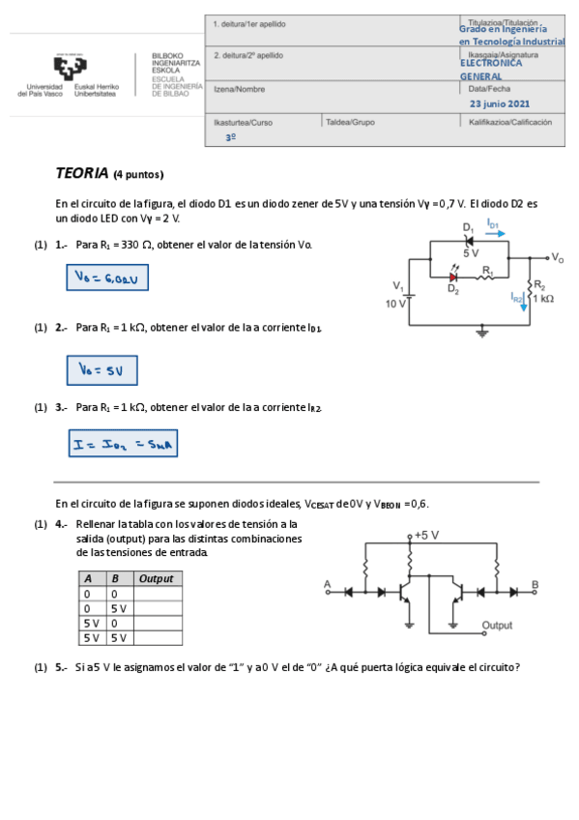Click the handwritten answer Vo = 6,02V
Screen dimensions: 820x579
pyautogui.click(x=106, y=278)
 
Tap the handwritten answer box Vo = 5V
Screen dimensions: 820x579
pyautogui.click(x=101, y=370)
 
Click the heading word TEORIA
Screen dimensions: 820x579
pyautogui.click(x=81, y=174)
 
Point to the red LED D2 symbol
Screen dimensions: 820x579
pyautogui.click(x=453, y=277)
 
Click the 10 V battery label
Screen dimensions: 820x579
pyautogui.click(x=395, y=304)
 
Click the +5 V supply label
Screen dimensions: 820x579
pyautogui.click(x=426, y=535)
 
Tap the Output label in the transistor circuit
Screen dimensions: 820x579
pyautogui.click(x=497, y=626)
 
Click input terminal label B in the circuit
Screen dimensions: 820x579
pyautogui.click(x=535, y=585)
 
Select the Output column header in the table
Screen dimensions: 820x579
pyautogui.click(x=157, y=578)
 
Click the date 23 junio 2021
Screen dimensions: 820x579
pyautogui.click(x=500, y=103)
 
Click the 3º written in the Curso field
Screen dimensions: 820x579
pyautogui.click(x=231, y=138)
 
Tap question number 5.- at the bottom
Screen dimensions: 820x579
pyautogui.click(x=61, y=666)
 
